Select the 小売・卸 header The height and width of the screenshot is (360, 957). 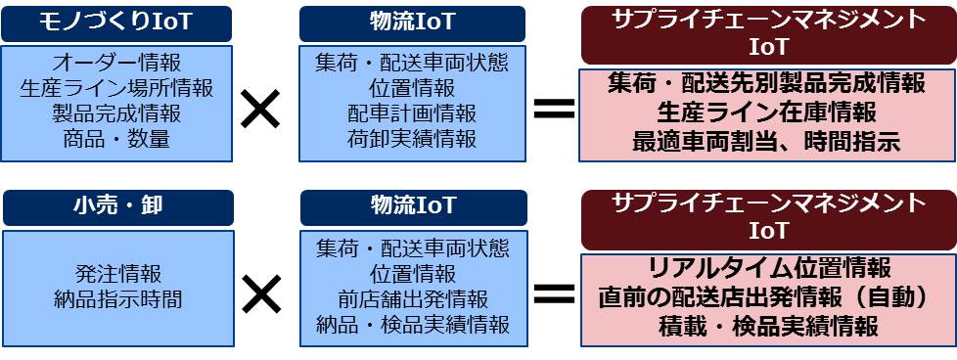coord(117,207)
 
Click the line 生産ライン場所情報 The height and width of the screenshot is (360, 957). coord(117,88)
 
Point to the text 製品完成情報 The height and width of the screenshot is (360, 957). coord(117,113)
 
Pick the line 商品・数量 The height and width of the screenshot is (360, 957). coord(117,139)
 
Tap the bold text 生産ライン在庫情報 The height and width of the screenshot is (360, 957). coord(766,112)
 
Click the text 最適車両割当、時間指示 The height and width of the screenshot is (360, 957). coord(766,141)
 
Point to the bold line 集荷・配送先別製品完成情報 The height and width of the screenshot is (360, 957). coord(766,84)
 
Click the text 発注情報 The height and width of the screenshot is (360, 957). coord(117,273)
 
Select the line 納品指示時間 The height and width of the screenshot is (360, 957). coord(117,298)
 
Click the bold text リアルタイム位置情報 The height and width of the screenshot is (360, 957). coord(766,269)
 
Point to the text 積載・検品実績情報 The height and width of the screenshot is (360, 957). coord(766,326)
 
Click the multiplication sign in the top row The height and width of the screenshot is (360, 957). coord(260,111)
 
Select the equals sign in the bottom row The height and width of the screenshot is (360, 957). coord(553,292)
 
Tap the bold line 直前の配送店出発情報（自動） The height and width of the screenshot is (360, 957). coord(766,297)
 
